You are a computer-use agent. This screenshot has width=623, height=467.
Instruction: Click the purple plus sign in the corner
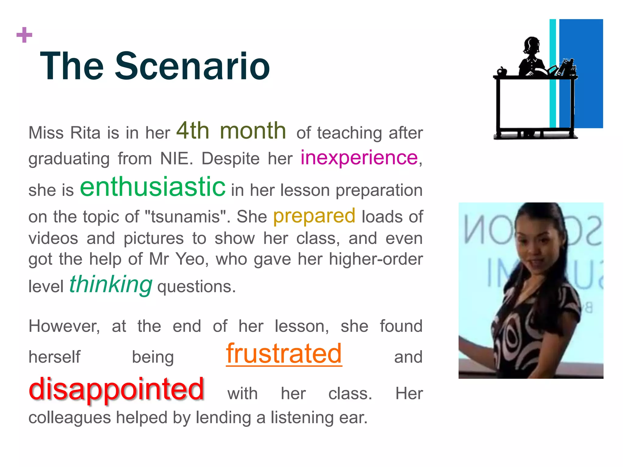pyautogui.click(x=24, y=35)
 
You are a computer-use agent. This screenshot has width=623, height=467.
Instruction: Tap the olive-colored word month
pyautogui.click(x=252, y=131)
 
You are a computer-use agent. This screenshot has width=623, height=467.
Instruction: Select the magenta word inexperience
pyautogui.click(x=359, y=158)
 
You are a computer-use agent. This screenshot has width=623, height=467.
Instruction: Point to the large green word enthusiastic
pyautogui.click(x=153, y=187)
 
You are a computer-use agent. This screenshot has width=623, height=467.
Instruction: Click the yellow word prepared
pyautogui.click(x=314, y=216)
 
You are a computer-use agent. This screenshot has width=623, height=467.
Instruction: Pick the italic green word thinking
pyautogui.click(x=111, y=284)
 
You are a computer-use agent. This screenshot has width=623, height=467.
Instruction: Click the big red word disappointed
pyautogui.click(x=116, y=389)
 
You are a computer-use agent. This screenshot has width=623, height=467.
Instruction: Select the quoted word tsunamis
pyautogui.click(x=185, y=217)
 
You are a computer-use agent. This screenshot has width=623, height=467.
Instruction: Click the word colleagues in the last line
pyautogui.click(x=70, y=417)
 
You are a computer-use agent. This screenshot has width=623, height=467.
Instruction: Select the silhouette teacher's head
pyautogui.click(x=532, y=46)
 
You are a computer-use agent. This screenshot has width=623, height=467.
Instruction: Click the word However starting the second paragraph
pyautogui.click(x=64, y=326)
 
